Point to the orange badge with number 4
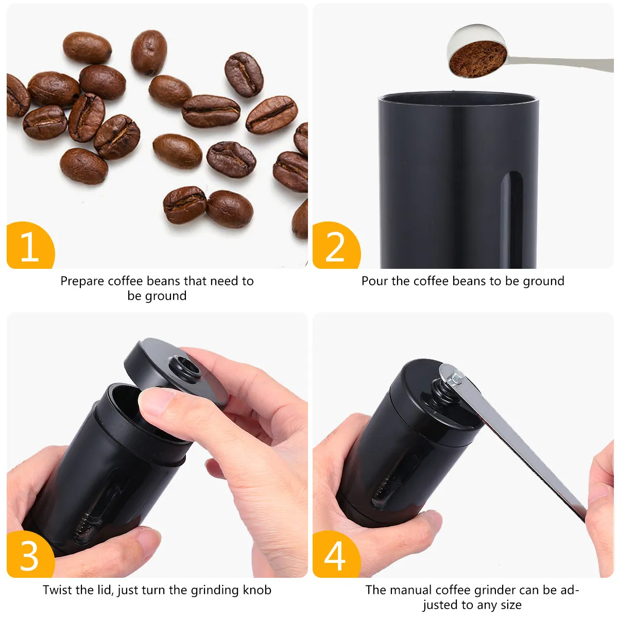click(336, 555)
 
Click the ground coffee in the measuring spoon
click(477, 60)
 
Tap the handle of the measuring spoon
click(560, 63)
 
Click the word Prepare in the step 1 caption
click(83, 281)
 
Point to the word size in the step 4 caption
click(510, 605)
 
